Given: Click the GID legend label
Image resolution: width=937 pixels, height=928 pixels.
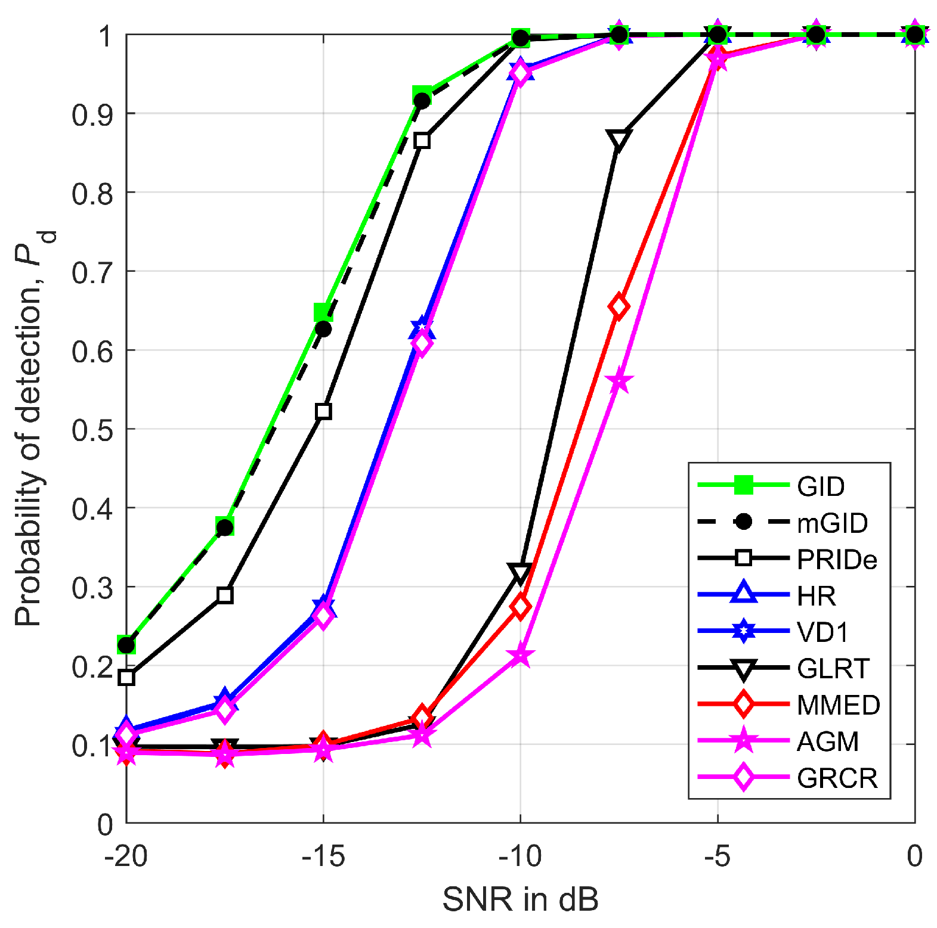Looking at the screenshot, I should point(820,486).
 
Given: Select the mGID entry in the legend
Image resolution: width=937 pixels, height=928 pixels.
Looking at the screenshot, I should point(832,523).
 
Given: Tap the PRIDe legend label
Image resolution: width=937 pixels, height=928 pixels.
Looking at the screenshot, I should point(837,559).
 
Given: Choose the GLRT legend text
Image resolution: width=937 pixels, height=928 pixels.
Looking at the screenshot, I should point(833,669).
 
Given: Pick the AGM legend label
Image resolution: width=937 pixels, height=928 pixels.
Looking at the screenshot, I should point(827,741).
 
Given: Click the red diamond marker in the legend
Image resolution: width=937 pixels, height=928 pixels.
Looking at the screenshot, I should point(743,704).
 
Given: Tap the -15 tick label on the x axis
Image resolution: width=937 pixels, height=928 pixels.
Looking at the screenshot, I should point(323,856).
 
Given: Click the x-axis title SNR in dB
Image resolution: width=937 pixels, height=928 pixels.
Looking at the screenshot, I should point(520,899).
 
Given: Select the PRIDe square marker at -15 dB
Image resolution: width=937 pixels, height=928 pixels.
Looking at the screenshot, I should point(323,411).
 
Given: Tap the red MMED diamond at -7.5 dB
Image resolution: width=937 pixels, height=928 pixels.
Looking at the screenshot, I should point(619,306).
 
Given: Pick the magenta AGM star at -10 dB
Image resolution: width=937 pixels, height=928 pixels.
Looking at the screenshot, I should point(521,656).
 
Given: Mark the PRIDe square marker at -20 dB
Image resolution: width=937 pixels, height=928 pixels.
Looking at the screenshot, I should point(126,677).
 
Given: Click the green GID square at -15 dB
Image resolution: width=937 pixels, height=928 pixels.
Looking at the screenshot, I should point(323,312).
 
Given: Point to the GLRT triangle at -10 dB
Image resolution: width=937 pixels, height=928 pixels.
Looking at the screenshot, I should point(520,572).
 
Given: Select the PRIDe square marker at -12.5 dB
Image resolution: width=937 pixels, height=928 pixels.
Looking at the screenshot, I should point(422,141).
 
